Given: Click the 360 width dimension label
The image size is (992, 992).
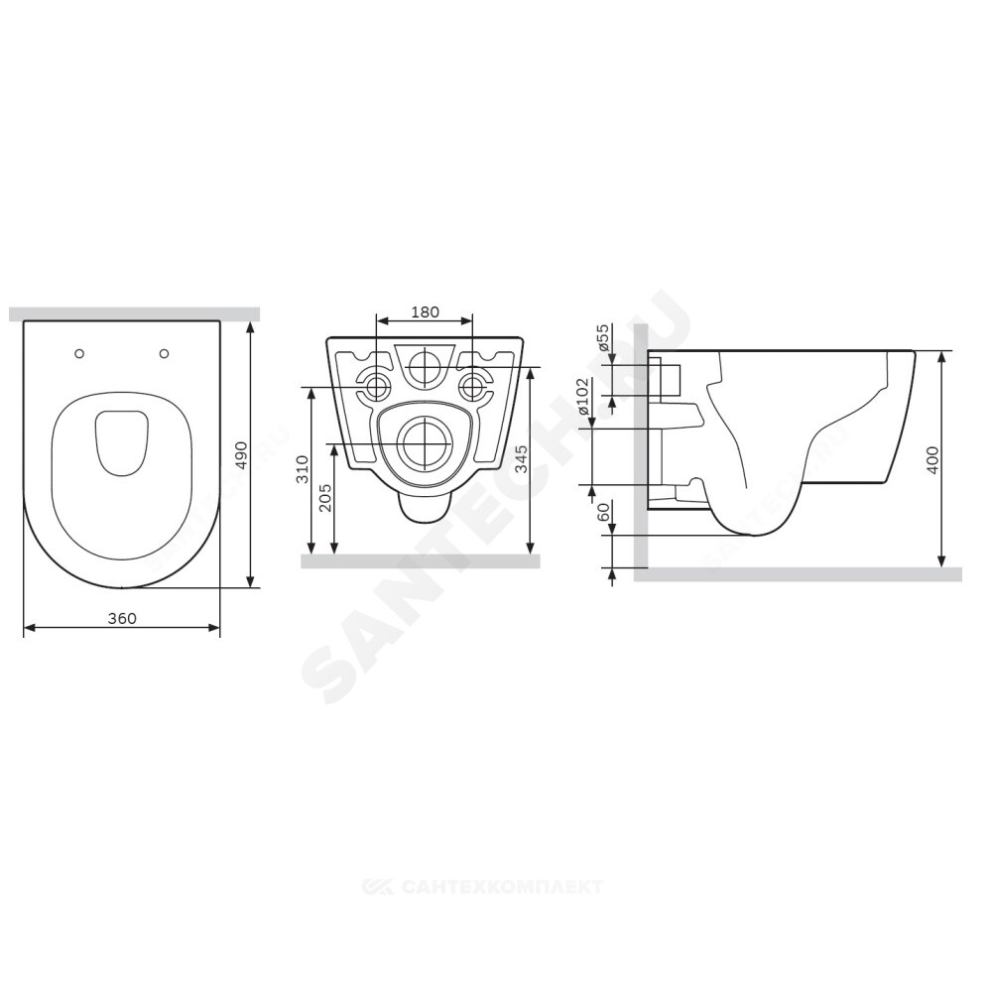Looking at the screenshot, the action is click(121, 618).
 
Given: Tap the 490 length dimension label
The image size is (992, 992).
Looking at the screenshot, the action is click(240, 455).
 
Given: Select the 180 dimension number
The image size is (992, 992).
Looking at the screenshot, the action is click(425, 311).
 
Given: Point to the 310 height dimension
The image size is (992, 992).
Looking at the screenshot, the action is click(304, 469).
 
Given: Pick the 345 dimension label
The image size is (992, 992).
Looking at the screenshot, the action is click(521, 457).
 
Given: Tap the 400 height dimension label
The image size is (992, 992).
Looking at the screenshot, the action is click(931, 461).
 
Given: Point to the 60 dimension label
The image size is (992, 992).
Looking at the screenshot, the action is click(603, 511).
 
